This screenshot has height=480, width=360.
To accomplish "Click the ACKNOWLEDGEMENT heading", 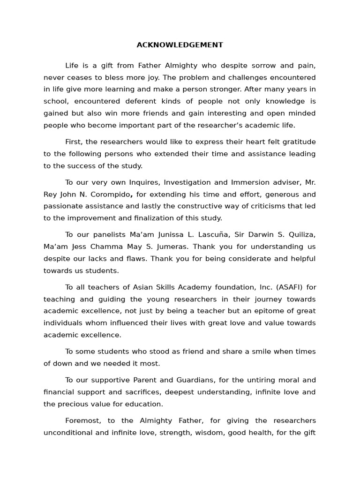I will pyautogui.click(x=180, y=45).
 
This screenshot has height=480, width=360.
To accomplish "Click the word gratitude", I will pyautogui.click(x=300, y=142).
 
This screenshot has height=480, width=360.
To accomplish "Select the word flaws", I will pyautogui.click(x=138, y=259).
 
